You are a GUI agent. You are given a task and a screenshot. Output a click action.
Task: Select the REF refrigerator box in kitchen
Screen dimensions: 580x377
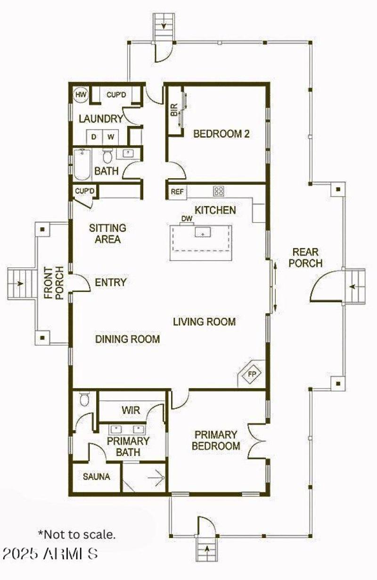pos(177,191)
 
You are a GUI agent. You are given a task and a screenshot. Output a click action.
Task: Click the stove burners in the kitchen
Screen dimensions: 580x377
pos(219,191)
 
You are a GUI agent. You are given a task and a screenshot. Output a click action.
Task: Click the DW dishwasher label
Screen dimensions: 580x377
pos(187,219)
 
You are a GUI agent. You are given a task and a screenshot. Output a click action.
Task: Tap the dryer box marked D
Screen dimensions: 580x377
pos(94,137)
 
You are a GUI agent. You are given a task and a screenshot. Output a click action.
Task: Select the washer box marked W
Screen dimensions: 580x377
pos(111,137)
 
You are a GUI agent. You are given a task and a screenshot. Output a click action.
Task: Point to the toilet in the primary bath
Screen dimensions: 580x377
pos(85,399)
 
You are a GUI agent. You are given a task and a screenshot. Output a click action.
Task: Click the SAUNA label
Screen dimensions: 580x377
pos(96,477)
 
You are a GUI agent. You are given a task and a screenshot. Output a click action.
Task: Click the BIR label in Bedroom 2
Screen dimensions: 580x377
pos(173,111)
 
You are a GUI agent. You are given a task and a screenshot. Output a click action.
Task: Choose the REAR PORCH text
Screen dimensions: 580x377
pos(305,257)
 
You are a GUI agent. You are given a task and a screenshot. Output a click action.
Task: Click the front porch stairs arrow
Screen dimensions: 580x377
pos(20,284)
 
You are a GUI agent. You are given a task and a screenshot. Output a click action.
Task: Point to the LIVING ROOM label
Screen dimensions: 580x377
pos(204,322)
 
